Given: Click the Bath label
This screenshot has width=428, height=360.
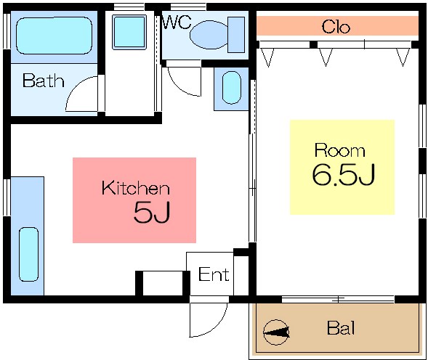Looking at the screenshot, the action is pos(43,81).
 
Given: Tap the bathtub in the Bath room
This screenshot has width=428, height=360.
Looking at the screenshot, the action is pos(54,36).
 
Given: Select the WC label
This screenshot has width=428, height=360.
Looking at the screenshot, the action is pos(177,22).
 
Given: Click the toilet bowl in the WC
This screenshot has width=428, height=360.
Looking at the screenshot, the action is pos(209,35).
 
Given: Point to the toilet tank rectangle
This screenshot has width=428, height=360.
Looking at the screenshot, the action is pos(236,35).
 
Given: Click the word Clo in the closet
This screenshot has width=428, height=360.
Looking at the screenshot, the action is pos(336,27).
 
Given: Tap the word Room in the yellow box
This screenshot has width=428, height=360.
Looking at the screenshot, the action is pos(339,150).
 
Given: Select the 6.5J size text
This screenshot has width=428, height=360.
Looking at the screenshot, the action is pos(344,174).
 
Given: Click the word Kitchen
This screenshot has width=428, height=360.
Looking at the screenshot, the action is pos(136,188).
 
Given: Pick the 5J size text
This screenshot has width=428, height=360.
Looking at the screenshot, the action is pos(152,212).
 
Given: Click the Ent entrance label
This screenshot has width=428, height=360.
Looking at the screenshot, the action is pos(214,274).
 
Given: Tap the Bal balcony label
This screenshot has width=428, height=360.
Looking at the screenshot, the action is pos(341,328).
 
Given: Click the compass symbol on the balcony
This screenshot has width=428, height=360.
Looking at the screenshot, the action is pos(276,332).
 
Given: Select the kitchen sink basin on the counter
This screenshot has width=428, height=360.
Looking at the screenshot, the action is pos(28,255).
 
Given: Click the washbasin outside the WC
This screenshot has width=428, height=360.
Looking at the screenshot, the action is pos(232,88).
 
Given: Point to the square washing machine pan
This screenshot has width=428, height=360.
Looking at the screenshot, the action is pos(129,32).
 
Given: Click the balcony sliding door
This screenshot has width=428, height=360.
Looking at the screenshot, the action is pos(338,300).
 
